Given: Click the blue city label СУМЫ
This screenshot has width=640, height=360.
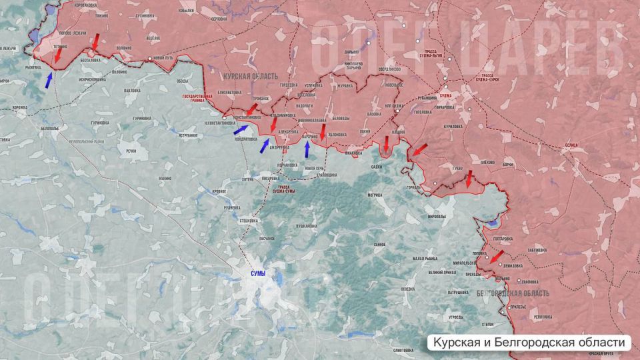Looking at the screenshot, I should tap(257, 274).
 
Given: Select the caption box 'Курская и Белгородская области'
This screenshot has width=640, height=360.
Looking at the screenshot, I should tap(531, 343).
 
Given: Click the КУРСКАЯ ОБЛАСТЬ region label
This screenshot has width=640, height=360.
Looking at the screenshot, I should tap(250, 77).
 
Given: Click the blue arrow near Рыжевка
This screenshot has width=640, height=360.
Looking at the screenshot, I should tap(49, 81).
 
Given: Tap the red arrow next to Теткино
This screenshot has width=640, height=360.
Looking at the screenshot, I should tap(58, 57).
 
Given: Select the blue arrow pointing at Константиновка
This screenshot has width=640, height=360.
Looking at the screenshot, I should tap(245, 129).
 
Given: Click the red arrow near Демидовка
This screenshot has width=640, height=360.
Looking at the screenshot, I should tap(496, 257).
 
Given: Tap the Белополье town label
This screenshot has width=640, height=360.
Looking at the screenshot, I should tap(50, 128).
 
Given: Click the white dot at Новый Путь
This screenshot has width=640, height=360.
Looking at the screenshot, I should tap(151, 59).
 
